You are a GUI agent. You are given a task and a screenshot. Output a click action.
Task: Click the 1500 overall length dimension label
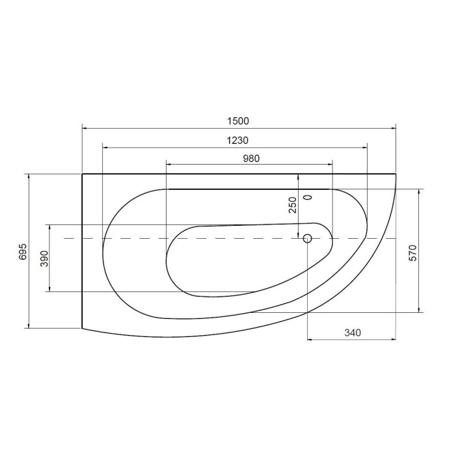[239, 121]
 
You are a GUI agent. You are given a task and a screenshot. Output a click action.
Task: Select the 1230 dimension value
[237, 140]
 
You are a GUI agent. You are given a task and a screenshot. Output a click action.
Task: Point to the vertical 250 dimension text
[293, 205]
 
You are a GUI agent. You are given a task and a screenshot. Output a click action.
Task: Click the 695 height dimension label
[23, 251]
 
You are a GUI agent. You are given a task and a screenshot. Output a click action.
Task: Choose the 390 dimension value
[44, 258]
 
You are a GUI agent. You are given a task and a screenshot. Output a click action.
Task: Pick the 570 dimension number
[412, 251]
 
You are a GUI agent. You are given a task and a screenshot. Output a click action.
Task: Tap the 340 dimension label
[351, 332]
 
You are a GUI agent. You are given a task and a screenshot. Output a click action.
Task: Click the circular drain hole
[308, 238]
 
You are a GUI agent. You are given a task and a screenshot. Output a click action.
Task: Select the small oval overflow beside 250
[308, 196]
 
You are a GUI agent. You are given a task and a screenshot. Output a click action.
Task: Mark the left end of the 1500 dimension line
[82, 128]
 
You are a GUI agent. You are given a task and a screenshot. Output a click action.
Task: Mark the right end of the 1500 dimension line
[396, 128]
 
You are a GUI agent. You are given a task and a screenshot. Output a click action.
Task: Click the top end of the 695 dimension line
[30, 174]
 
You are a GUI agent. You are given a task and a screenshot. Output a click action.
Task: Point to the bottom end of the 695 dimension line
[30, 328]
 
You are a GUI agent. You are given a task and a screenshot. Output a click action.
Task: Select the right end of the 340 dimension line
[396, 340]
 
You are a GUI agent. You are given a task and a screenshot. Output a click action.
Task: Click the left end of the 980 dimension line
[167, 165]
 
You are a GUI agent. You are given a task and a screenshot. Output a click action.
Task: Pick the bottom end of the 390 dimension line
[50, 291]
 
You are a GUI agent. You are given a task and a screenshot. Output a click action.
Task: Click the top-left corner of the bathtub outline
[82, 174]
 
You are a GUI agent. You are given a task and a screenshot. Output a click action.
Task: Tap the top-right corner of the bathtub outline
[396, 174]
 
